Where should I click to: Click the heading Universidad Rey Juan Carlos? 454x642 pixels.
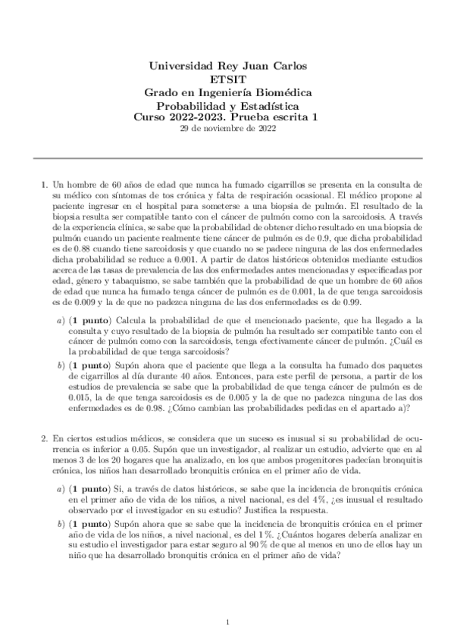pos(227,65)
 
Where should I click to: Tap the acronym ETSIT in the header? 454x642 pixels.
pos(227,79)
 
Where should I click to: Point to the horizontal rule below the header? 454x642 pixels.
pos(227,158)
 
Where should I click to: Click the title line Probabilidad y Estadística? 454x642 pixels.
pos(227,106)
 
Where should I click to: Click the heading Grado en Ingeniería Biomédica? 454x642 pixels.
pos(227,92)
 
